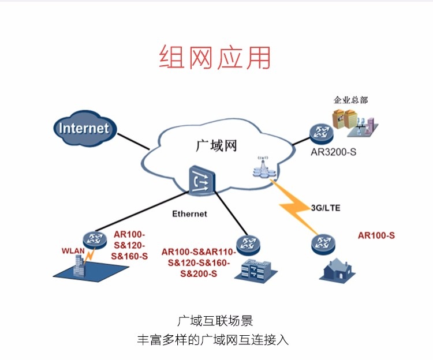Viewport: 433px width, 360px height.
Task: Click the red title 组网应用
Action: point(215,58)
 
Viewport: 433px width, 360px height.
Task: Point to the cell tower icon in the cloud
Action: point(263,166)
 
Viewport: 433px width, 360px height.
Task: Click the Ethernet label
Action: point(189,214)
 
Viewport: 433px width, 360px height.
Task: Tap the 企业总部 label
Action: point(350,100)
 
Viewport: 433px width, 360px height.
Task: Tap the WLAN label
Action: point(73,251)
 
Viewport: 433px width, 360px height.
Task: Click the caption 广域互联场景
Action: point(215,321)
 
